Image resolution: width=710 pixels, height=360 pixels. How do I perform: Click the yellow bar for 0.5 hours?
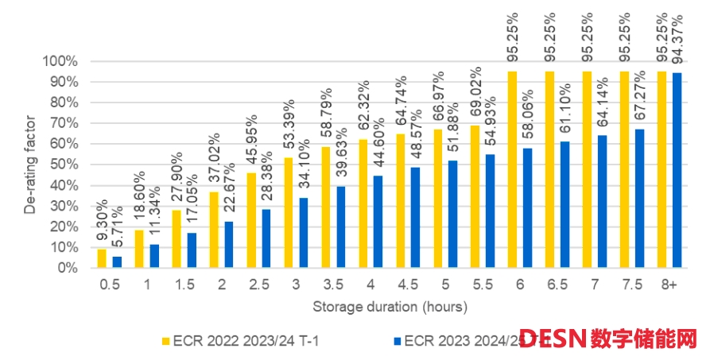(101, 258)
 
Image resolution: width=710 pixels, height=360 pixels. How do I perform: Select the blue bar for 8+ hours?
(677, 170)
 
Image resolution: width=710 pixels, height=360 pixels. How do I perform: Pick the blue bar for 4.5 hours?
(415, 217)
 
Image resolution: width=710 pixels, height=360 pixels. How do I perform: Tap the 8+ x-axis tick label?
(669, 284)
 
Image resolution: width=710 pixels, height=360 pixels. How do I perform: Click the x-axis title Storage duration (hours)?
(389, 306)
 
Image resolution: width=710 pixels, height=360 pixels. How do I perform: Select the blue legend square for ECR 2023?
(397, 340)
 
